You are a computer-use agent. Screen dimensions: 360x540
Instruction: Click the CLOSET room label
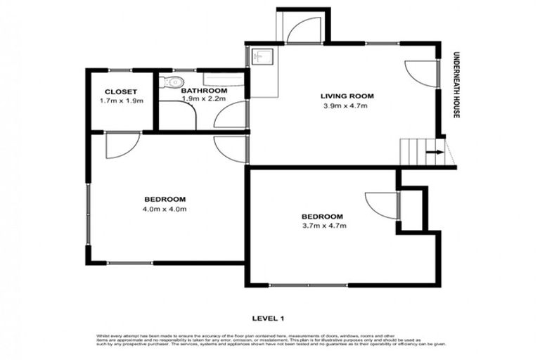coord(120,91)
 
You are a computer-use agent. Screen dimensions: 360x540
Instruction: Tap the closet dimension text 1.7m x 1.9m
coord(121,101)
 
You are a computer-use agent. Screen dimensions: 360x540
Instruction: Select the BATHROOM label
coord(204,91)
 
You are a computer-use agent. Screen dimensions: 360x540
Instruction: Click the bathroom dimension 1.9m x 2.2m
coord(204,100)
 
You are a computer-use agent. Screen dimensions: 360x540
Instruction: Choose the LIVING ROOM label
coord(347,96)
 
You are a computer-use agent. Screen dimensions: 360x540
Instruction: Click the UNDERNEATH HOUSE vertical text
coord(456,84)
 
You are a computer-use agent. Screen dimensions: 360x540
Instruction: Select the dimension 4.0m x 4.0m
coord(166,208)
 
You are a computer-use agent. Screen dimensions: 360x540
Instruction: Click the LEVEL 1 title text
coord(270,317)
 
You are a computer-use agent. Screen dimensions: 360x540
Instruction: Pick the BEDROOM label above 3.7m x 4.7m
coord(323,216)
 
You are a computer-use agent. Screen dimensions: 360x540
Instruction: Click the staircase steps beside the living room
coord(415,150)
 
